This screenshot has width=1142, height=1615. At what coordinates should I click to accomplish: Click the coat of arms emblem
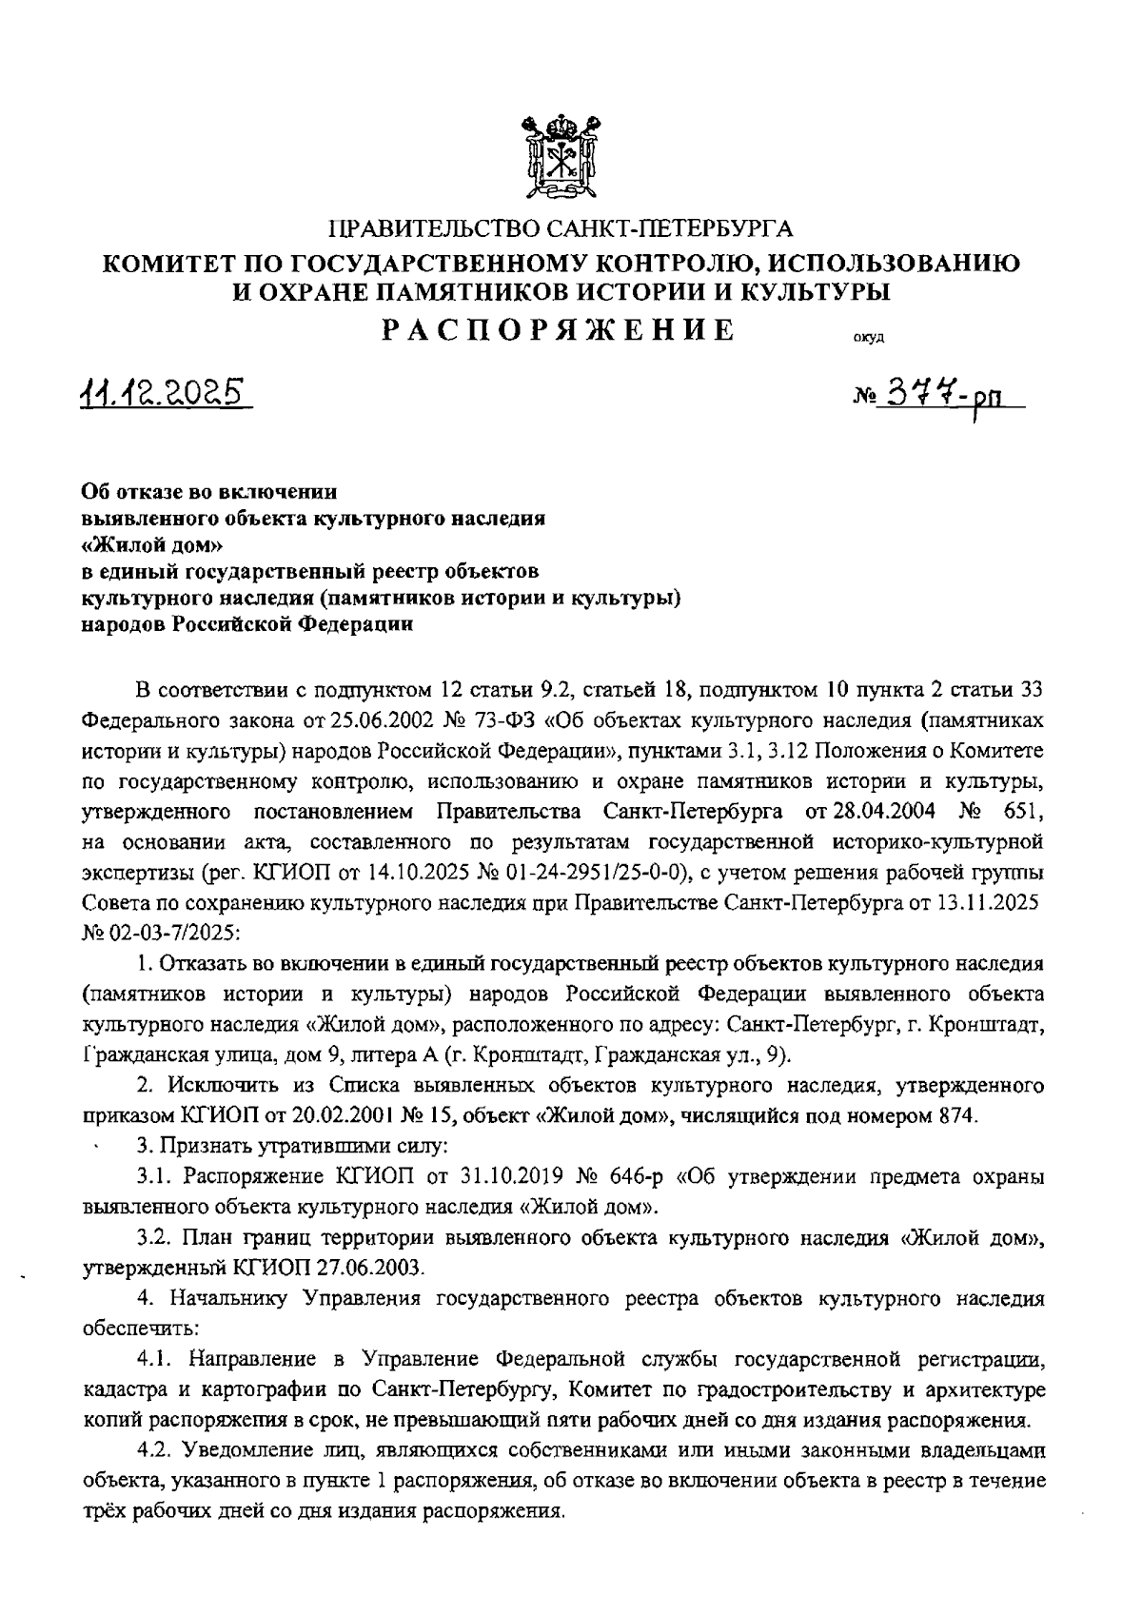[561, 156]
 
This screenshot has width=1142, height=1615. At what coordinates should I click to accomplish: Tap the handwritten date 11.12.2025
[160, 391]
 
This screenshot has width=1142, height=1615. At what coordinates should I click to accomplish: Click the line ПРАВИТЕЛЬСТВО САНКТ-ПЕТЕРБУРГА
[560, 228]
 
